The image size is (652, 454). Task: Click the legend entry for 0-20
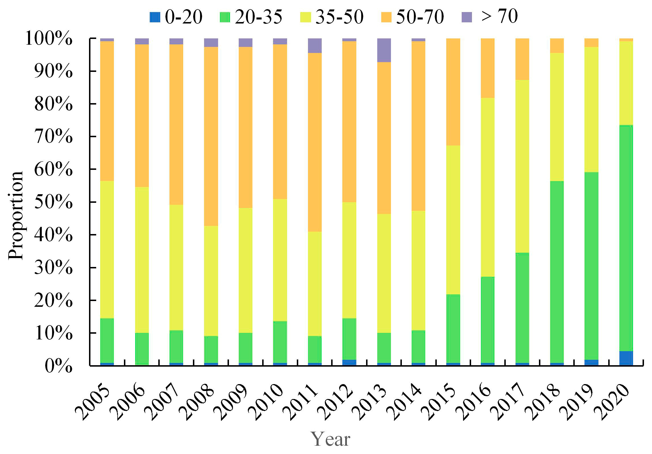[176, 17]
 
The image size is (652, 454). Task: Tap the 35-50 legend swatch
[305, 17]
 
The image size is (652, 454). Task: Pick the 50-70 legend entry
[412, 17]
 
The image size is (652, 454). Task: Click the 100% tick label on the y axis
[49, 38]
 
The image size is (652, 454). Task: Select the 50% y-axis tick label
[53, 202]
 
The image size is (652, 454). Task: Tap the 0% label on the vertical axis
[58, 366]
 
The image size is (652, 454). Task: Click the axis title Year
[330, 439]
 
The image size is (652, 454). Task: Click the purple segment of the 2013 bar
[384, 50]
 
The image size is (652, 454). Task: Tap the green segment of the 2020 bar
[626, 238]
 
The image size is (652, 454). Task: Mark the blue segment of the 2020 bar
[626, 358]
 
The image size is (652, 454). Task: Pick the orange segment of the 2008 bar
[211, 136]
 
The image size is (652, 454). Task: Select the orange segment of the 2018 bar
[557, 46]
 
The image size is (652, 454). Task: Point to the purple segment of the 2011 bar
[315, 46]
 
